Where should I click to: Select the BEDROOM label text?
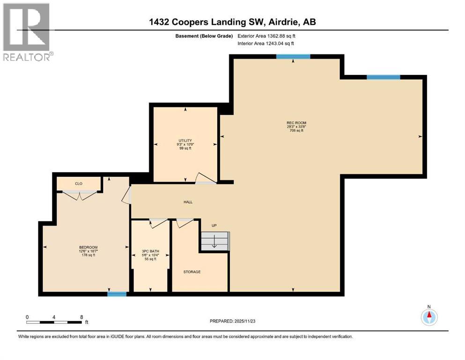pyautogui.click(x=88, y=247)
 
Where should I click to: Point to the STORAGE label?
pyautogui.click(x=192, y=271)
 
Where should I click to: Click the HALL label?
pyautogui.click(x=188, y=202)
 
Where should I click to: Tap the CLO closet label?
pyautogui.click(x=79, y=183)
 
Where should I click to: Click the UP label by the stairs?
pyautogui.click(x=214, y=225)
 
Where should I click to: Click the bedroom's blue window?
pyautogui.click(x=117, y=294)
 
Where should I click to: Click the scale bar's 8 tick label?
pyautogui.click(x=81, y=317)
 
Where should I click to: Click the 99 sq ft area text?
pyautogui.click(x=185, y=148)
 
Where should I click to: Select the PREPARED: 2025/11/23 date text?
pyautogui.click(x=233, y=321)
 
